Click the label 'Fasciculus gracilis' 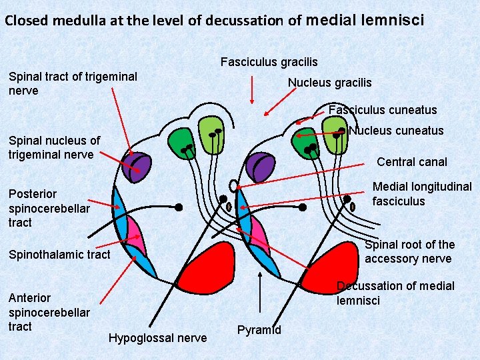(269, 62)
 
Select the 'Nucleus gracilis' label (329, 83)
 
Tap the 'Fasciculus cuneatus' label (383, 110)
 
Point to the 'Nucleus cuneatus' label (395, 131)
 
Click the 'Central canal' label (412, 161)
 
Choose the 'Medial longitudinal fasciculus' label (421, 193)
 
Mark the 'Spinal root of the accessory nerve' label (409, 251)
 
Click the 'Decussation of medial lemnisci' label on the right (395, 293)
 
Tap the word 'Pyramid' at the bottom (259, 330)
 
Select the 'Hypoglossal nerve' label (157, 338)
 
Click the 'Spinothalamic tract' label (59, 254)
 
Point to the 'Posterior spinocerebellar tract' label (49, 208)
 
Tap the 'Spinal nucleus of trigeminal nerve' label (54, 147)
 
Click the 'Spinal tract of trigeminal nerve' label (73, 83)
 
